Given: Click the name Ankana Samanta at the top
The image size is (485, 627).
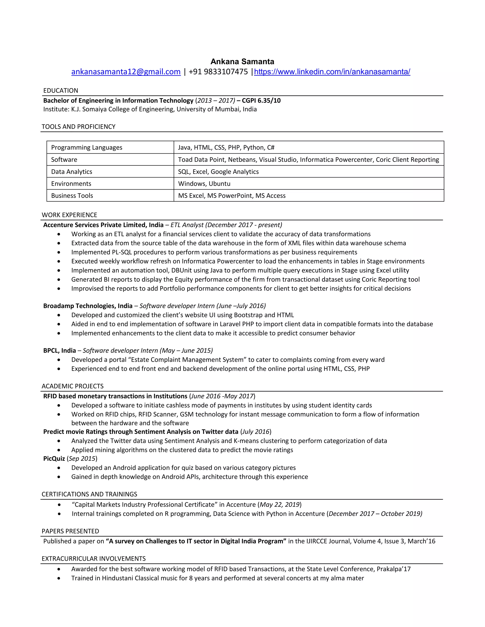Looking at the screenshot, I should (x=242, y=62).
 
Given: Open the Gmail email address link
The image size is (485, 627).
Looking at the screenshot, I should (x=126, y=72).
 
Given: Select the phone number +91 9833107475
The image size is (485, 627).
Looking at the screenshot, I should (x=218, y=72).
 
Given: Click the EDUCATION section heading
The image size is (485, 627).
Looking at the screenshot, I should (x=61, y=91).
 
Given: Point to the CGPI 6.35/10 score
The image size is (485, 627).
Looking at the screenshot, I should (x=261, y=101).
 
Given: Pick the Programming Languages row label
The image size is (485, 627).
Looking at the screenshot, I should (x=86, y=148).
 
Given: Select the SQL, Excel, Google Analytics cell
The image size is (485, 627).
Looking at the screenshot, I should (x=218, y=172).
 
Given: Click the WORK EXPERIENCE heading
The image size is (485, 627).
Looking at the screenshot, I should (x=70, y=215).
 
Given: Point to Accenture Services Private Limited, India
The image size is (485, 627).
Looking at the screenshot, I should (x=103, y=225).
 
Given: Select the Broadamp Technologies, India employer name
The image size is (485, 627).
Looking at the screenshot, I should (x=88, y=306).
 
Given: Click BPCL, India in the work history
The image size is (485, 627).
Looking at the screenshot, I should (x=59, y=351).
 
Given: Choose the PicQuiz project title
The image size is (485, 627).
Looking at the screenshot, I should (x=54, y=459).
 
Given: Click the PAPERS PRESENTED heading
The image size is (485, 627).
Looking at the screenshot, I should (x=70, y=531).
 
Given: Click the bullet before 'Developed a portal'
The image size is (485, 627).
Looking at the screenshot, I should (x=59, y=360).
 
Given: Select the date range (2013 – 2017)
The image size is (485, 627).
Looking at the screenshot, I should (x=215, y=101).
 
